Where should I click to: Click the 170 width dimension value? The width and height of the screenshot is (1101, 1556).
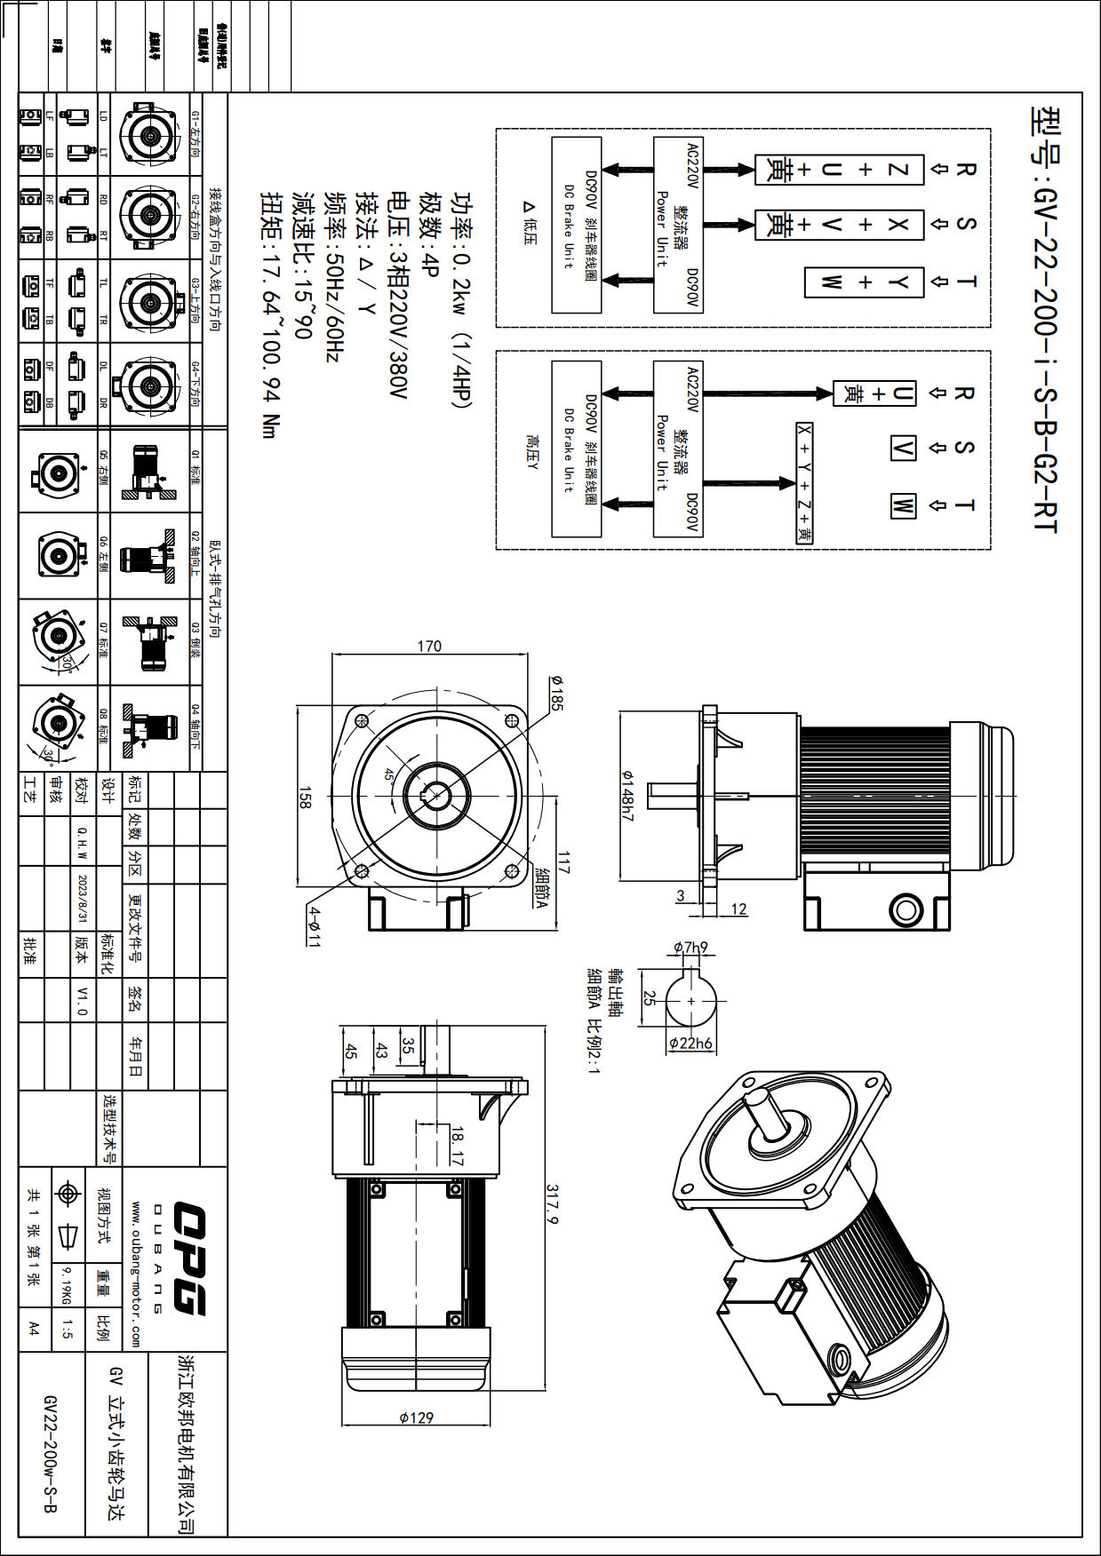tap(429, 646)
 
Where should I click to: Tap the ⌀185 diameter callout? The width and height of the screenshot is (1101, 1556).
tap(557, 693)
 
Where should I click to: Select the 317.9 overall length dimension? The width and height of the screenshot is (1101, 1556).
tap(552, 1203)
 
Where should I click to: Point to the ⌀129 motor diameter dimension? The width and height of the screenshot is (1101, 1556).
tap(416, 1417)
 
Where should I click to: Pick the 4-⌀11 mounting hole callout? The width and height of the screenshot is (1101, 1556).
tap(314, 925)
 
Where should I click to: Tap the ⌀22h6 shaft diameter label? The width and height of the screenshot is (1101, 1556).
tap(691, 1043)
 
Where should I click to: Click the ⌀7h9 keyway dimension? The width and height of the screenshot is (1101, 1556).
tap(690, 948)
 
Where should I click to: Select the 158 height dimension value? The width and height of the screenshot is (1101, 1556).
tap(306, 797)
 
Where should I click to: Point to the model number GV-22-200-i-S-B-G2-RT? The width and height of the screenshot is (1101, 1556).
tap(1045, 320)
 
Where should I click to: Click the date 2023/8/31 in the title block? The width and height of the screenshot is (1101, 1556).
tap(83, 898)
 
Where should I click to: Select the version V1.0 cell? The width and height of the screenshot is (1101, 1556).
tap(82, 1000)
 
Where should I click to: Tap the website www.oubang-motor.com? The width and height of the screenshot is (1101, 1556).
tap(135, 1274)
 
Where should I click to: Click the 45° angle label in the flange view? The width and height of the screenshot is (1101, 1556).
tap(389, 774)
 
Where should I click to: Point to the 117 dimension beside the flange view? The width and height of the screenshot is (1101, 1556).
tap(562, 861)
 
